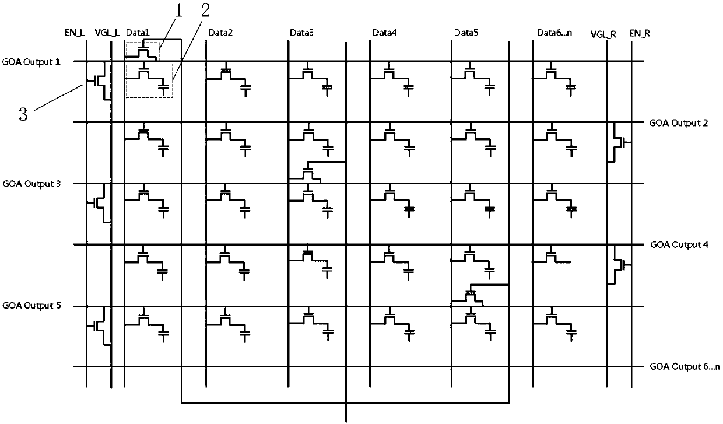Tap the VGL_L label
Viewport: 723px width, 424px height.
click(107, 34)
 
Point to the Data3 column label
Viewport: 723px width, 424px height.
click(301, 33)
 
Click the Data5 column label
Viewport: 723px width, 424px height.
click(466, 33)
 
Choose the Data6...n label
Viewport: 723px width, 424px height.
click(554, 33)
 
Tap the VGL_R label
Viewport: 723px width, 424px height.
click(603, 34)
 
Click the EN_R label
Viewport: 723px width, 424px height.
click(640, 34)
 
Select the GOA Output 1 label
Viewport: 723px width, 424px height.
click(31, 61)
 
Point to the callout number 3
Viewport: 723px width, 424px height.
click(23, 114)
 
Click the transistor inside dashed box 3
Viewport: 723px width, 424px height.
click(99, 82)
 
